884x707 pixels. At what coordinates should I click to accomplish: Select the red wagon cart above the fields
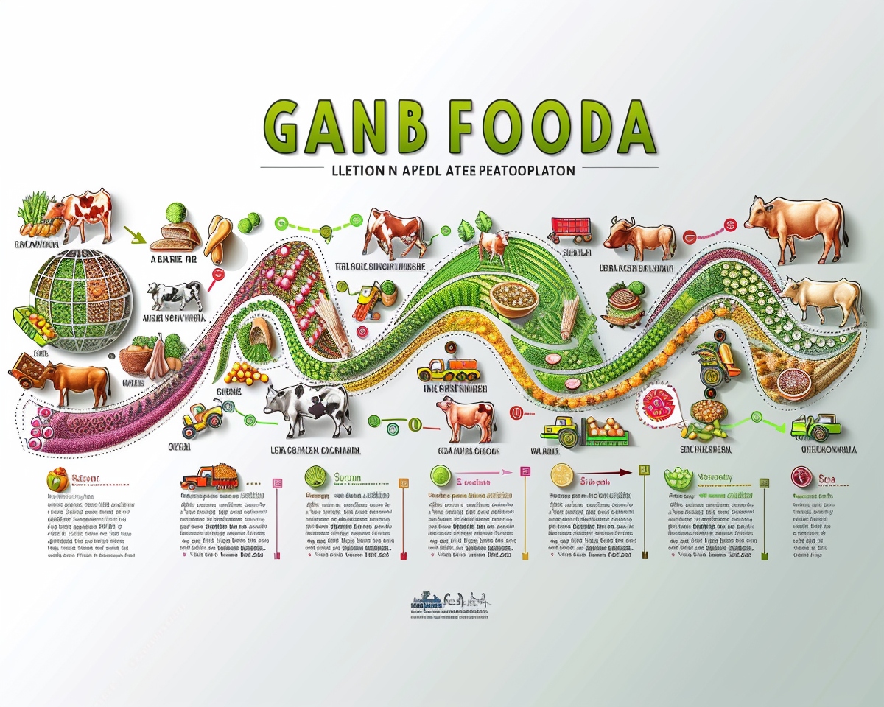(x=572, y=228)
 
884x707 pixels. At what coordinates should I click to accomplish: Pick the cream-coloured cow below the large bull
(x=821, y=298)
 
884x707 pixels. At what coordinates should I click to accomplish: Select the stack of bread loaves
(x=177, y=235)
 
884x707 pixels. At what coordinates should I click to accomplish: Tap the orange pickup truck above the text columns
(x=208, y=478)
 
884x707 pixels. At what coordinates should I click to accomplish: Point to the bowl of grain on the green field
(x=511, y=298)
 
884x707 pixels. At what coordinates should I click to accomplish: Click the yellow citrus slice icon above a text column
(x=562, y=476)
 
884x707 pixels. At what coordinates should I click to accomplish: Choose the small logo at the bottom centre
(x=449, y=603)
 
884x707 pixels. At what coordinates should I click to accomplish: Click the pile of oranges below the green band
(x=247, y=373)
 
